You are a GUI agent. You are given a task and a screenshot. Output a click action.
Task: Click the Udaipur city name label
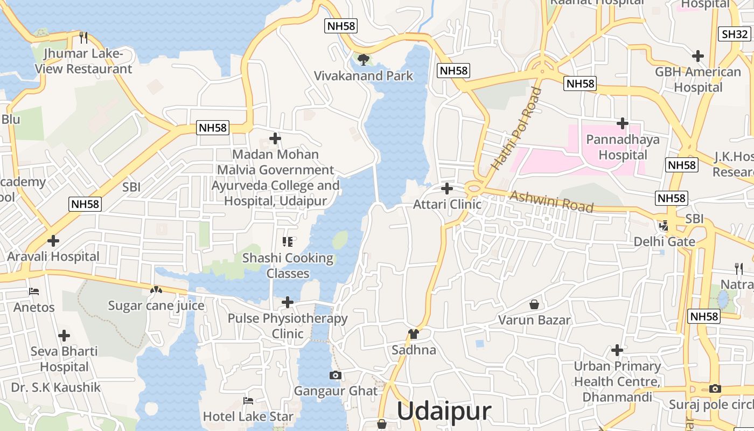coord(444,411)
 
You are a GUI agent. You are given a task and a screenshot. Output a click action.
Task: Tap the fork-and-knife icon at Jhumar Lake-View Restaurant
coord(83,37)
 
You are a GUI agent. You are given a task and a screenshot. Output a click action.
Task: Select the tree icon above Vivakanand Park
coord(364,59)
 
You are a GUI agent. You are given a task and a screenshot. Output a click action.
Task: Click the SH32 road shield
coord(735,34)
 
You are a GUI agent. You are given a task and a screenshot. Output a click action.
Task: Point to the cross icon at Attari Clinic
coord(446,189)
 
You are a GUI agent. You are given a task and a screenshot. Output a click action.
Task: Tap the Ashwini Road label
coord(551,201)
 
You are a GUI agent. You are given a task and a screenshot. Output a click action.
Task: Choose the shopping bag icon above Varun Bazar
coord(534,304)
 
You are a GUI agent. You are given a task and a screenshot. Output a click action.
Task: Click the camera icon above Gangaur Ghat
coord(336,375)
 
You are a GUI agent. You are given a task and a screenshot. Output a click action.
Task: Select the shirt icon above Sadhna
coord(414,334)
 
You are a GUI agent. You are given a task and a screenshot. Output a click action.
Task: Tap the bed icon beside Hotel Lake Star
coord(248,400)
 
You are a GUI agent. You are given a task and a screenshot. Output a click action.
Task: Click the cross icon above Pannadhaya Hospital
coord(623,123)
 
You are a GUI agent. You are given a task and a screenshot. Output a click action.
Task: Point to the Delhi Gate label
coord(664,241)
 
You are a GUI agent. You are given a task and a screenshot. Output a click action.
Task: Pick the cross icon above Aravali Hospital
coord(53,240)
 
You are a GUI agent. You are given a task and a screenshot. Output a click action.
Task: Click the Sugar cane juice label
coord(156,306)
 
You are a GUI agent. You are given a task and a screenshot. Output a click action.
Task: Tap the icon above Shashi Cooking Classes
coord(288,242)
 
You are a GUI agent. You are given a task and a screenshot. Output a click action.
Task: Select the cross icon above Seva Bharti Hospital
coord(64,336)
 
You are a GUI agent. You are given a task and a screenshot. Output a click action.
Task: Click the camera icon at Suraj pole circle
coord(715,388)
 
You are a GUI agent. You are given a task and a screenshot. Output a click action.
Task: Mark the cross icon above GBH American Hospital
coord(698,55)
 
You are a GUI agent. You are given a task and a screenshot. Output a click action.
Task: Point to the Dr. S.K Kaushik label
coord(55,387)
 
